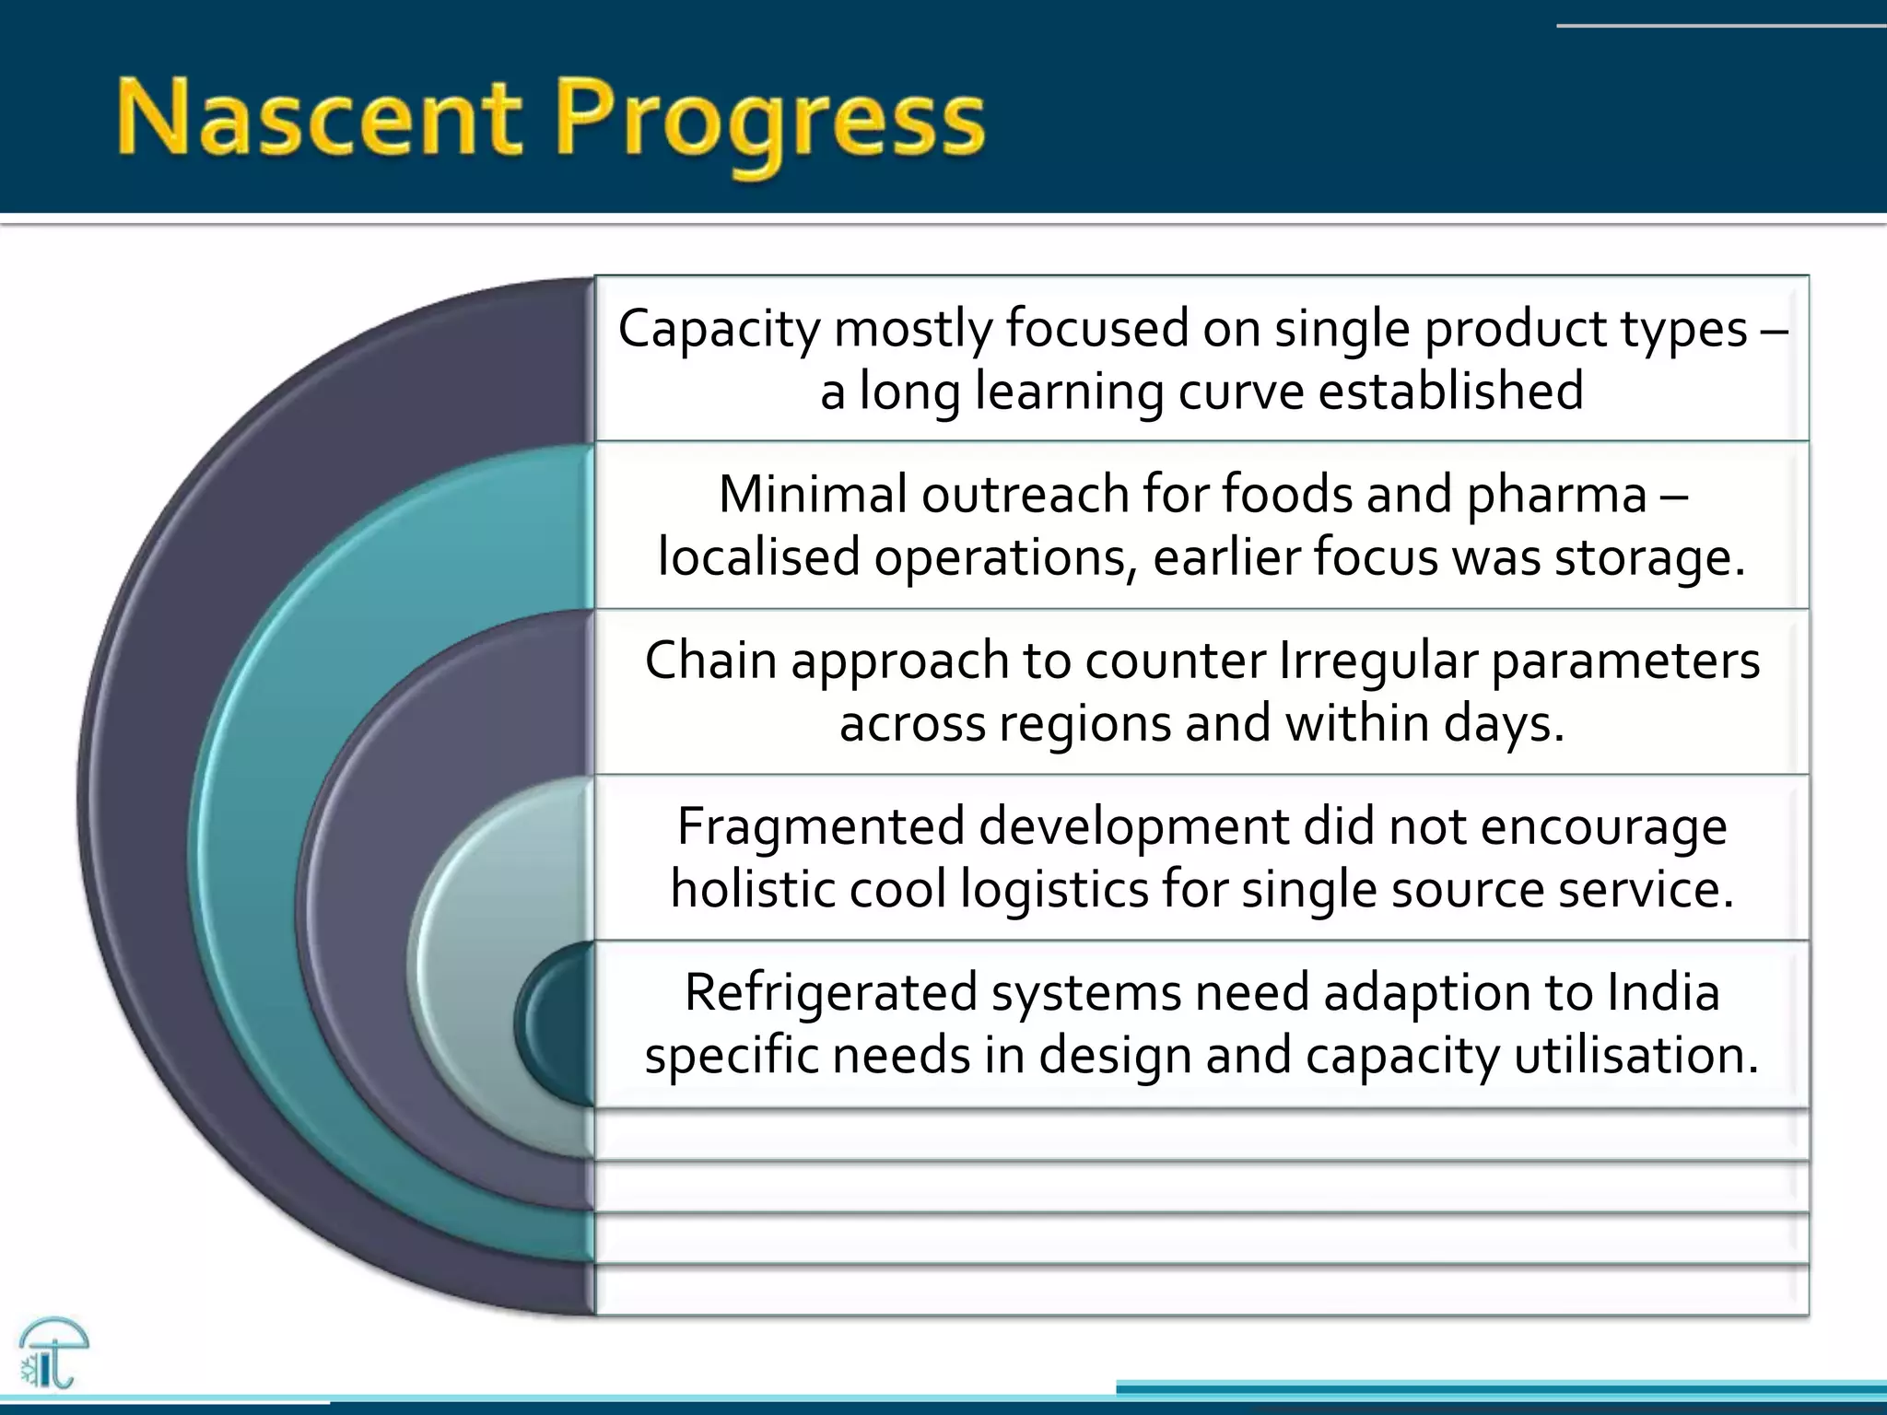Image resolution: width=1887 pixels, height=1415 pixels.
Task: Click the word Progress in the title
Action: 769,124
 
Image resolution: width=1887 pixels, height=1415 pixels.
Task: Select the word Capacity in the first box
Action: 718,328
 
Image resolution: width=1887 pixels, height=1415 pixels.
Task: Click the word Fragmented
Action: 820,825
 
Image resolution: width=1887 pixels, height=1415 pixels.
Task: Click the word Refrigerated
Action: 830,992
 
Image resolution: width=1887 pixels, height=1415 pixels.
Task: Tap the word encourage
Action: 1603,826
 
